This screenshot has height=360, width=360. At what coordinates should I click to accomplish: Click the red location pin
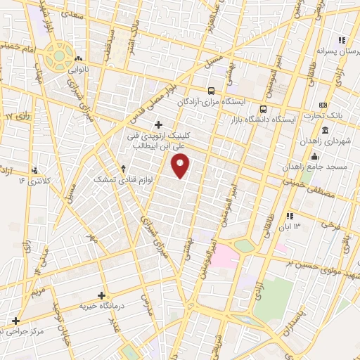181,165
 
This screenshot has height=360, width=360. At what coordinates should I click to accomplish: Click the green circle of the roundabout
59,55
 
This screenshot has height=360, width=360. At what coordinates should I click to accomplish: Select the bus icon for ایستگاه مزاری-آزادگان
212,90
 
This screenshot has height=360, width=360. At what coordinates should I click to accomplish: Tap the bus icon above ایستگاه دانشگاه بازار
264,109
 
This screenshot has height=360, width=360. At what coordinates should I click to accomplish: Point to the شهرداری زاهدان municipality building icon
325,131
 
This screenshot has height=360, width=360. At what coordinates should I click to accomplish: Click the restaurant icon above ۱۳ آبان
289,216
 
